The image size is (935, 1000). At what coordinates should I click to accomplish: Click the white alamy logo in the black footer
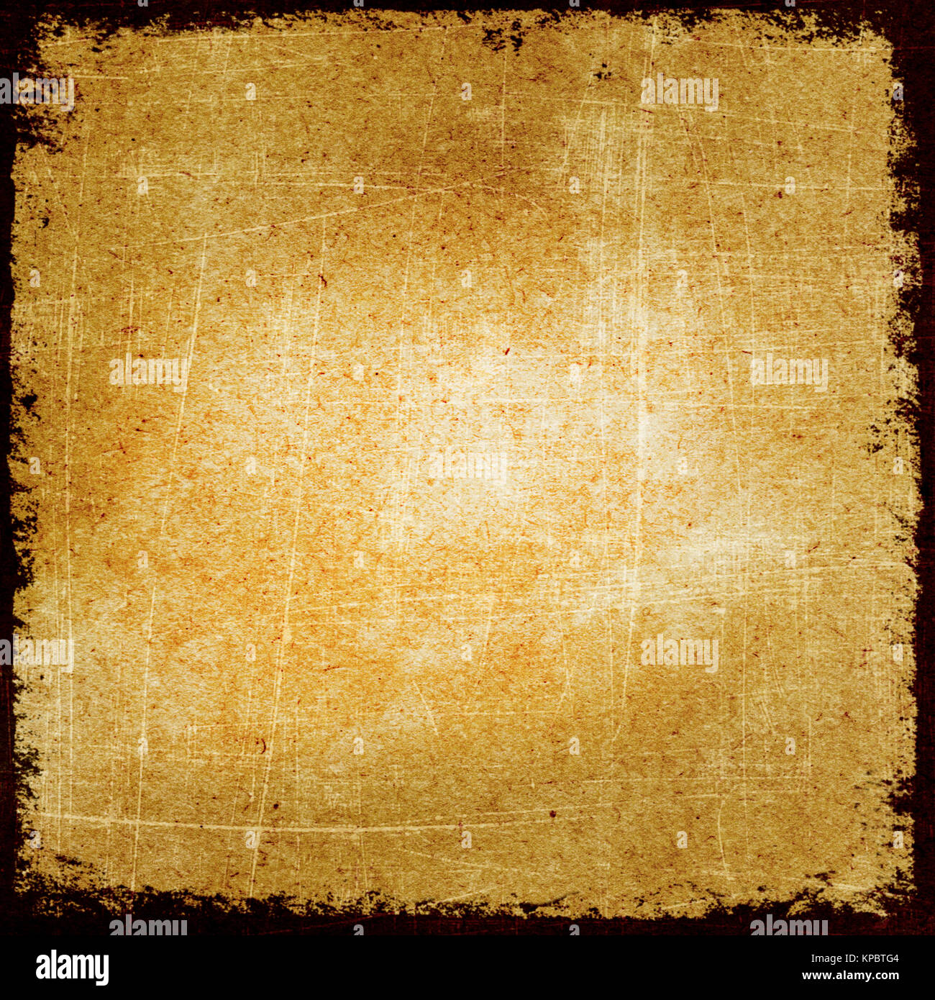click(72, 968)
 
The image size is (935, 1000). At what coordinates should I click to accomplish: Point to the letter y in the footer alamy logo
click(102, 971)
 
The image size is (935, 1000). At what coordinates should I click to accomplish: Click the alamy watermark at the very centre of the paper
click(467, 466)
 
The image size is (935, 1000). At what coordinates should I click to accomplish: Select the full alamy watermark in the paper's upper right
click(679, 92)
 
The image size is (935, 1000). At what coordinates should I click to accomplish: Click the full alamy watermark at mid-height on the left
click(147, 372)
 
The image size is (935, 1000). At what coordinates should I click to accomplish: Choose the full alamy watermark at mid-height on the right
click(788, 372)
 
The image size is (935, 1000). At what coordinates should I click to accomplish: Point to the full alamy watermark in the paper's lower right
click(679, 653)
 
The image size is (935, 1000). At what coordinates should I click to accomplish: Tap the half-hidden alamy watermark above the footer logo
click(147, 926)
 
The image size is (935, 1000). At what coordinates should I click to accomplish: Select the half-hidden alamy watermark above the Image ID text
click(788, 926)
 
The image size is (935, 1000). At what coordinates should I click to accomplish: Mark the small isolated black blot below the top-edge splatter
click(601, 72)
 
